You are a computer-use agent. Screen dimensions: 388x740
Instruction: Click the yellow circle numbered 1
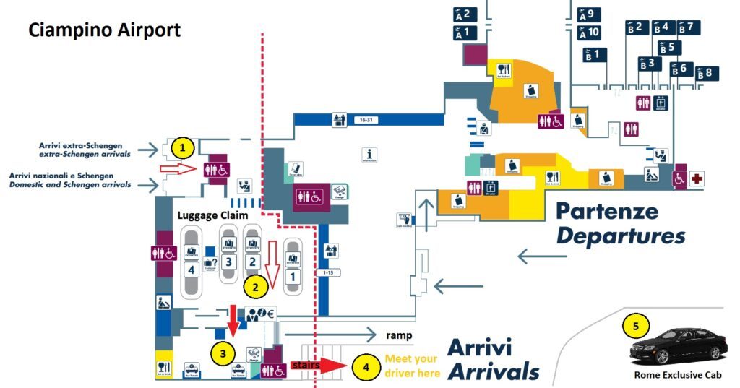[x=184, y=148]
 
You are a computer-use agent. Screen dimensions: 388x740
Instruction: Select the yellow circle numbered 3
[x=223, y=353]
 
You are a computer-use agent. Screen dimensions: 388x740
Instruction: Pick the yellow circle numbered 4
[x=366, y=367]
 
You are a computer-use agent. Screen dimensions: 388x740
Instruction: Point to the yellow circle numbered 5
[x=635, y=326]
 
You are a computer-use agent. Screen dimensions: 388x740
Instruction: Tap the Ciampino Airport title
[x=104, y=31]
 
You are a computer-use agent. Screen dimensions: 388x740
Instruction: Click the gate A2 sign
[x=463, y=14]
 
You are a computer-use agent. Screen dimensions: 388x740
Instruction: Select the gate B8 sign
[x=708, y=73]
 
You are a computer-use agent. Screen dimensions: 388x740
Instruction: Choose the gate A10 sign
[x=590, y=33]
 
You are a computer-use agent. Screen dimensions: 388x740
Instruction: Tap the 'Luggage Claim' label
[x=213, y=215]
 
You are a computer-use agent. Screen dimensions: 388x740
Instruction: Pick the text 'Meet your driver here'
[x=412, y=366]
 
